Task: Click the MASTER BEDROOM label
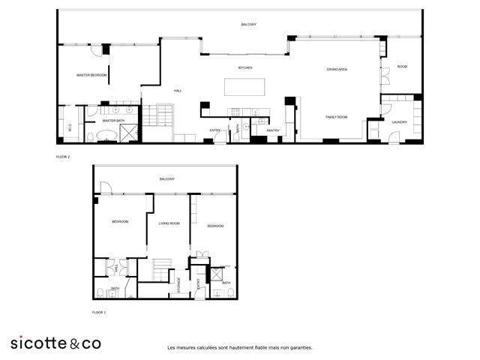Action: point(92,76)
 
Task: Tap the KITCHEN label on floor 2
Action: point(245,67)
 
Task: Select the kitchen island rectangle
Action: point(245,87)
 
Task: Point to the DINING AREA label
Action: point(337,69)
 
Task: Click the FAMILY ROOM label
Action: point(336,117)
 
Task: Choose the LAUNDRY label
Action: point(399,121)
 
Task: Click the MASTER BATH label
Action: point(113,120)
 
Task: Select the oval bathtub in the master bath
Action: point(106,136)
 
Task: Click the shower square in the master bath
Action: point(130,133)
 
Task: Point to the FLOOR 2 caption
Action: point(63,157)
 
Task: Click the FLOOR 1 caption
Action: point(99,311)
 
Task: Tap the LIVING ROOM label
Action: point(169,223)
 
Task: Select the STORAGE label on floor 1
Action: point(178,284)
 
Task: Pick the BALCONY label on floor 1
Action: point(166,178)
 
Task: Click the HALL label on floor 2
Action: point(178,91)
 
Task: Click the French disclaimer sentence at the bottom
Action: point(240,347)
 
